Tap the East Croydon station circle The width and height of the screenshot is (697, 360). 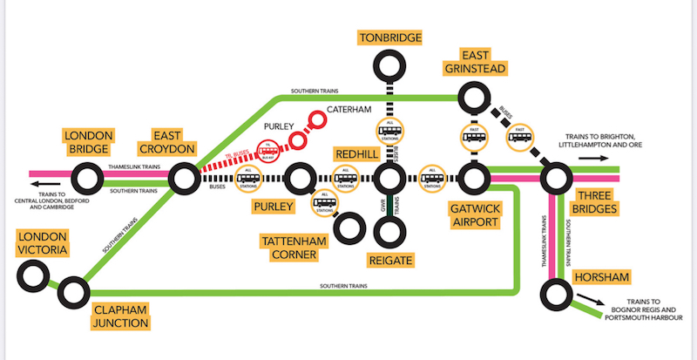pyautogui.click(x=185, y=180)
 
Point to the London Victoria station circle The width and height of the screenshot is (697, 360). pyautogui.click(x=33, y=277)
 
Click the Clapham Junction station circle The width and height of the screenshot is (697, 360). pyautogui.click(x=73, y=295)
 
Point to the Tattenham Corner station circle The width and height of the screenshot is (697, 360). pyautogui.click(x=350, y=228)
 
